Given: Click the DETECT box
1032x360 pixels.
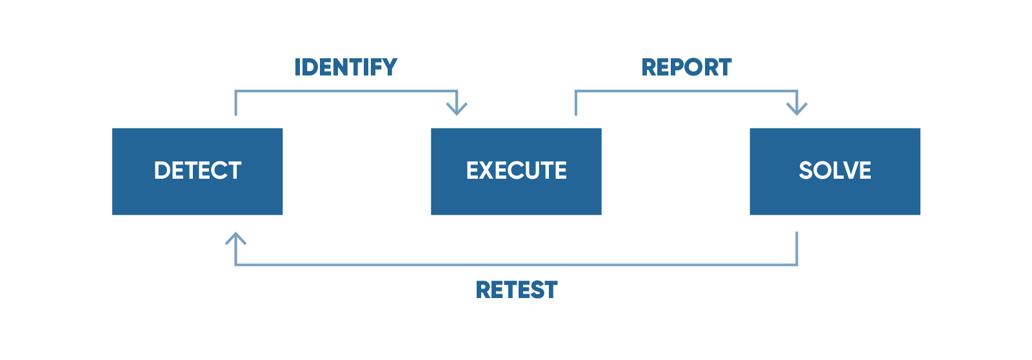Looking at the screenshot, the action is [197, 172].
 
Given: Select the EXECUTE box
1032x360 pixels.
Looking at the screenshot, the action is [516, 172].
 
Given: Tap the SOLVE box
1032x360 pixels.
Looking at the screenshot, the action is [835, 172].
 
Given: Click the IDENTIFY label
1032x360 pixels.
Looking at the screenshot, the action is [346, 67].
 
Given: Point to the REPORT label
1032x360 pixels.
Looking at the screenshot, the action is [686, 67].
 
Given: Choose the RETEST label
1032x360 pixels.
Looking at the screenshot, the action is [517, 290].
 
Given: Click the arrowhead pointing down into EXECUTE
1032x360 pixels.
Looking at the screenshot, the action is [457, 109].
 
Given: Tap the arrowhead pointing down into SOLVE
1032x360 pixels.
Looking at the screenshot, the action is [797, 109].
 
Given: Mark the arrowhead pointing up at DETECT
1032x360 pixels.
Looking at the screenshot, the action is [235, 238].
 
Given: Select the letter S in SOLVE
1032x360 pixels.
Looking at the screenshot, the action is [806, 170].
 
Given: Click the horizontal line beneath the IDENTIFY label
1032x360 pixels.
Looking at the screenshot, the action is [346, 91].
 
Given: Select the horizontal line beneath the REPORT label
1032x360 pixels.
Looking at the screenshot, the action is [686, 91].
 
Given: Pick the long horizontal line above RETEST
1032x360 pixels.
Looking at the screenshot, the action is [517, 265].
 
